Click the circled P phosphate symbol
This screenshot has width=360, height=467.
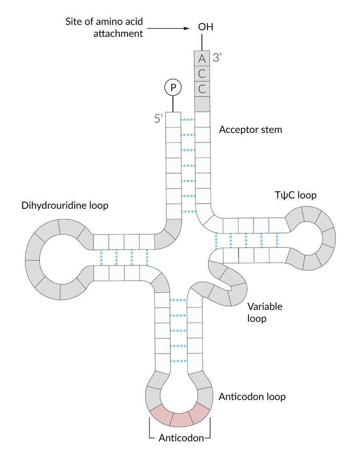coord(173,87)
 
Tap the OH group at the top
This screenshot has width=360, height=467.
coord(205,27)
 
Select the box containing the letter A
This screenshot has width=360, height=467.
coord(202,58)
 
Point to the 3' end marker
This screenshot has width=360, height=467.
coord(219,58)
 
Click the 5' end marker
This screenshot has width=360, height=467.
coord(158,119)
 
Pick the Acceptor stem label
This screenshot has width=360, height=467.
coord(250,129)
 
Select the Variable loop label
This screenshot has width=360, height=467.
coord(264,312)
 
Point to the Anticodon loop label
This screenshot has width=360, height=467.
coord(252,397)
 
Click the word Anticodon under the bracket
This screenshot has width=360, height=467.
coord(180,438)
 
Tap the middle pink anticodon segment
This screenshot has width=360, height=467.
coord(180,419)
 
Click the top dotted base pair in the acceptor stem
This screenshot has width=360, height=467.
coord(187,120)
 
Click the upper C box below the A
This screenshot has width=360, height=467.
coord(202,73)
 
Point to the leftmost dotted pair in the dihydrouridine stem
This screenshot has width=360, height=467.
coord(101,257)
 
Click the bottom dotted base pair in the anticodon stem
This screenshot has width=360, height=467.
coord(179,361)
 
